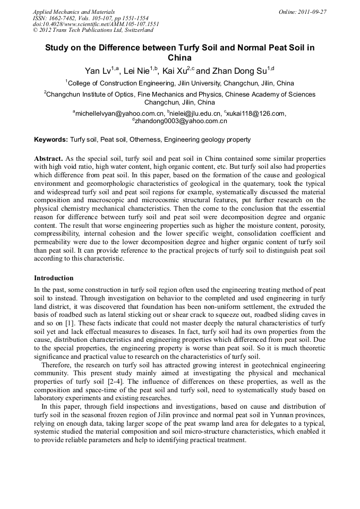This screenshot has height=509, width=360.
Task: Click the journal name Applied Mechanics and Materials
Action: coord(74,12)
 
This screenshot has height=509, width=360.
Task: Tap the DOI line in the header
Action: coord(96,24)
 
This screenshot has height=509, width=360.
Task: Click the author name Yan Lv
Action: coord(99,71)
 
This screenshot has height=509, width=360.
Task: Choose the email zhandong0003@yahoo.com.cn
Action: coord(181,121)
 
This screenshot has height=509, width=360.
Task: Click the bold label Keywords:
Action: coord(51,140)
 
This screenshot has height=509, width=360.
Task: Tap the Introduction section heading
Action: coord(54,278)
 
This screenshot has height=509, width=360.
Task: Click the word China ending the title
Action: coord(179,58)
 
